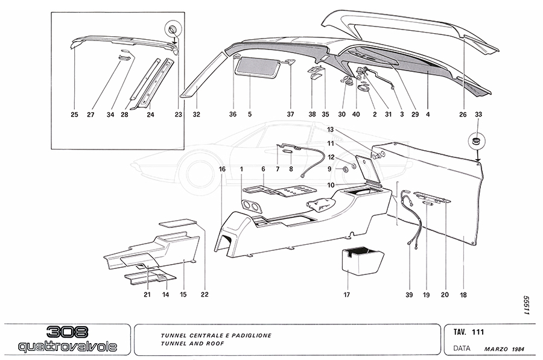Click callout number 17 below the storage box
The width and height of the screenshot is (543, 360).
[x=346, y=295]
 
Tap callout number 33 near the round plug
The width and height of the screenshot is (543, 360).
[x=478, y=113]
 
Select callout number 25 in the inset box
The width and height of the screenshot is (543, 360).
[x=74, y=113]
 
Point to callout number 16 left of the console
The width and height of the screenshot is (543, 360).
[x=222, y=170]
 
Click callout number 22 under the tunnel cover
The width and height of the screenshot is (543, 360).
[x=205, y=294]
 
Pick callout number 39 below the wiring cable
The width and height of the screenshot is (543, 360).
[x=408, y=295]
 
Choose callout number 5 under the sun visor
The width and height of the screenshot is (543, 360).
[x=249, y=113]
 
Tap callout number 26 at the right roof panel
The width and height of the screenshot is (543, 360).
[x=463, y=113]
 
